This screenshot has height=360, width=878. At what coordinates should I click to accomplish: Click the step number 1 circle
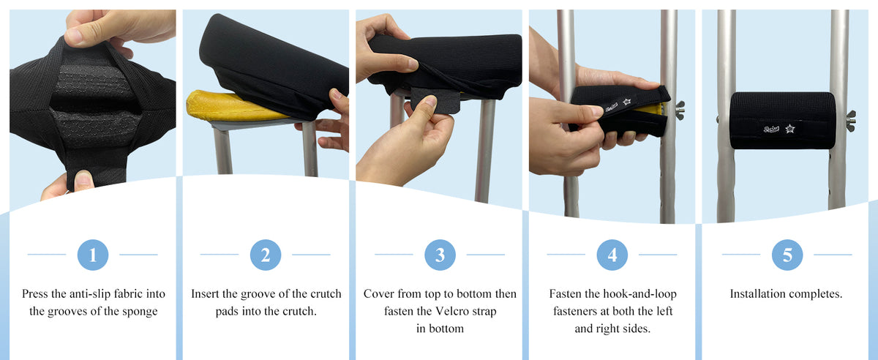92,255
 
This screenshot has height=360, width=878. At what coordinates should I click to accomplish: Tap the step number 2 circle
265,255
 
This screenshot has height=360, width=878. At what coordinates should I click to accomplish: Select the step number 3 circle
440,255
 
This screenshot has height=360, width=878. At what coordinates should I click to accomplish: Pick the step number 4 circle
612,255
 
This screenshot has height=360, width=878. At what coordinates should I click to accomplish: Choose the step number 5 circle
787,255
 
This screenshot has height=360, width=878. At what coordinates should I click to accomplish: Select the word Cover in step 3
379,294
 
